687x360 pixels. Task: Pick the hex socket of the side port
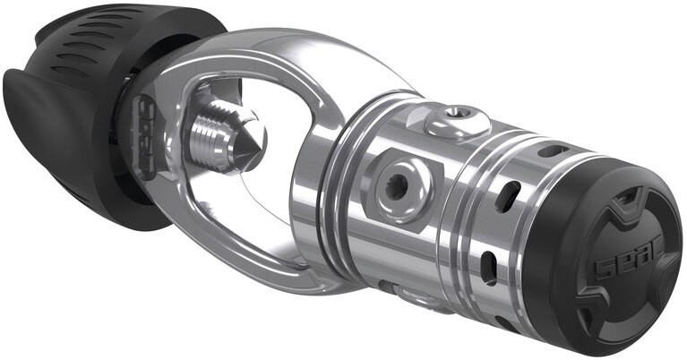(395, 183)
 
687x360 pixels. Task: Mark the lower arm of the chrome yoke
(296, 269)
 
